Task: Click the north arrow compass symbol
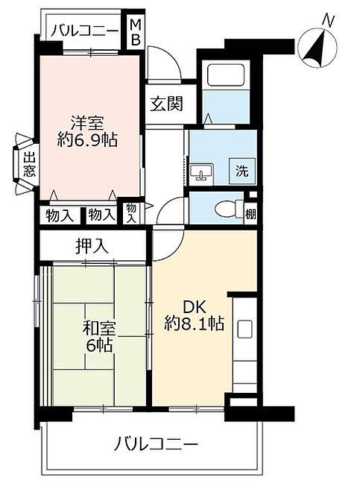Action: pos(318,45)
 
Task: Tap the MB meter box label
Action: pos(136,32)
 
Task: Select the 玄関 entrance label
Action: pos(166,104)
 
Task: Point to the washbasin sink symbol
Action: pos(201,172)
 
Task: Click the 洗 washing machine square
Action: pos(242,171)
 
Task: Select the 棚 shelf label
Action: pos(250,215)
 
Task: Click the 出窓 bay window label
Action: pos(29,165)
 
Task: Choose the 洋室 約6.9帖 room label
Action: pos(87,131)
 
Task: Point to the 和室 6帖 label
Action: pos(99,337)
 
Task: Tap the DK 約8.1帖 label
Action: pos(195,315)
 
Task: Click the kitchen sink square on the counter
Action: pos(244,329)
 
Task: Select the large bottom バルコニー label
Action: pos(156,444)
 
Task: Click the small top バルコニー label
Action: pos(86,31)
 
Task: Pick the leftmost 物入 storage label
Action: pos(60,215)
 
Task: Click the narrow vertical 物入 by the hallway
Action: pos(131,213)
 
